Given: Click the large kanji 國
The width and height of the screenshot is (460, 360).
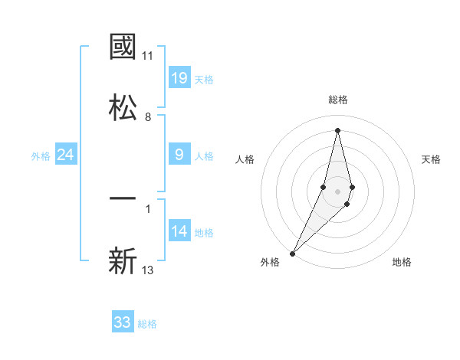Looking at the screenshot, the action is [x=123, y=47].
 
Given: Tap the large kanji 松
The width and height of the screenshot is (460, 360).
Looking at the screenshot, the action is [x=123, y=107].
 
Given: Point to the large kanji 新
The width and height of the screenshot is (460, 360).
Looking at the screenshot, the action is [x=123, y=260].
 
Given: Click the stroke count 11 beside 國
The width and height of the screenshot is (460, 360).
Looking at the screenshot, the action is [x=148, y=56].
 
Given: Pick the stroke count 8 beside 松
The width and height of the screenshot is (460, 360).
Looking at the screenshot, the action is [x=148, y=117].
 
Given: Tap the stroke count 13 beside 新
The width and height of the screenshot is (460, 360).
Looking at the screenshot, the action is [x=148, y=269].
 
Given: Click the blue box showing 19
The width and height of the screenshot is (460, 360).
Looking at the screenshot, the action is [x=179, y=77].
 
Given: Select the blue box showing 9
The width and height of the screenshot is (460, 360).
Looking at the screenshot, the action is [x=179, y=155].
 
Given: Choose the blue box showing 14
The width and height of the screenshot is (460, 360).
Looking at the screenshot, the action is [x=179, y=231].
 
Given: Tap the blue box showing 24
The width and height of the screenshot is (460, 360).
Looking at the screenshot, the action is [x=66, y=155].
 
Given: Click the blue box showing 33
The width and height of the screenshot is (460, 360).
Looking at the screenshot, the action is [x=123, y=322].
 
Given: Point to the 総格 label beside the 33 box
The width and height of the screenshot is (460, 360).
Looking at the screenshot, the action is [x=147, y=324].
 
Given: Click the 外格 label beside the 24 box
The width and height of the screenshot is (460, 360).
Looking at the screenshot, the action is [x=41, y=156].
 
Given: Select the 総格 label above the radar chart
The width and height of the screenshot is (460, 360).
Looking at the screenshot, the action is [x=337, y=100].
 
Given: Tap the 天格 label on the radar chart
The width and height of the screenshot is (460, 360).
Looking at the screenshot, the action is [x=432, y=159].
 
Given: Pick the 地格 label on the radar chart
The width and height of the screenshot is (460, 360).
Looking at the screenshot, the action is [x=402, y=262].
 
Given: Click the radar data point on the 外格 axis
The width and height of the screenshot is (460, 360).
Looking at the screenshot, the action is [x=292, y=253].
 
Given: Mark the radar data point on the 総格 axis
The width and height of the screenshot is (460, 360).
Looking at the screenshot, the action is [x=337, y=129].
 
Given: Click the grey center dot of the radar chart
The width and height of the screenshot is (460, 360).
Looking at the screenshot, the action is [x=337, y=190].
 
